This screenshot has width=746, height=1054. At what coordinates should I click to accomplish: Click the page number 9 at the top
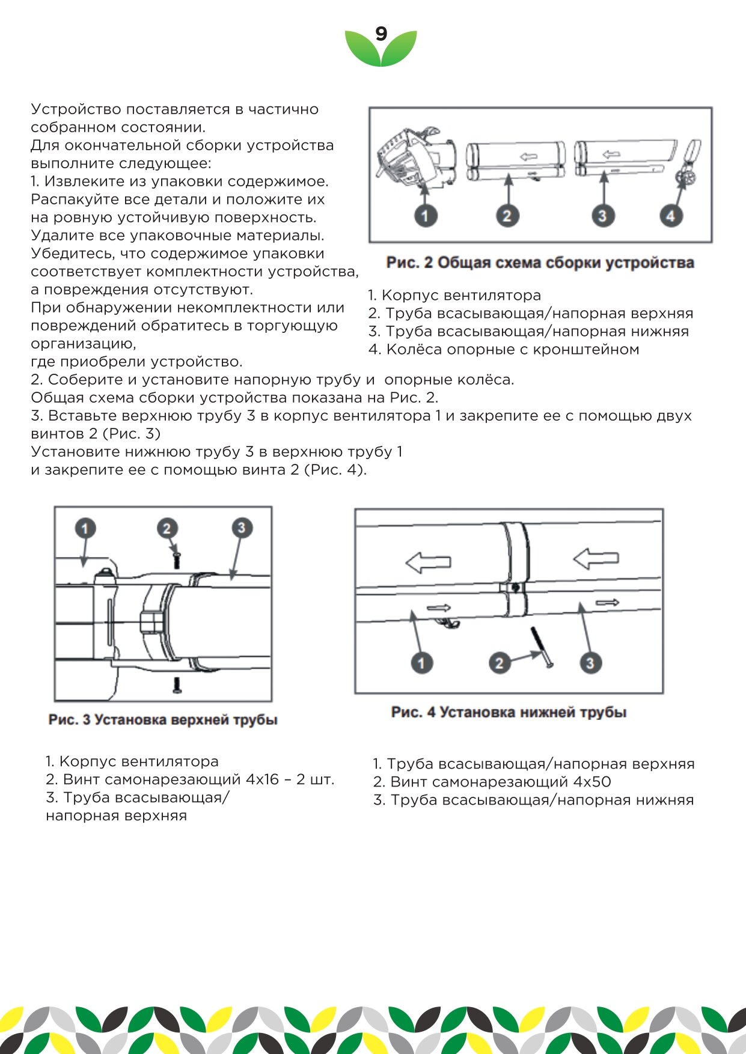pos(381,34)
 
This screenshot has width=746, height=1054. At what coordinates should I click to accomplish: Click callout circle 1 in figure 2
pos(425,216)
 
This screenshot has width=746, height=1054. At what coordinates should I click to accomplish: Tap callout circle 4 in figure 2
pos(671,216)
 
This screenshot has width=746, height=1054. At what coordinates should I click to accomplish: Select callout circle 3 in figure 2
pos(602,216)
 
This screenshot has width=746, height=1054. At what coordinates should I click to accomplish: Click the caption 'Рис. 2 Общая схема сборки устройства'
pos(540,263)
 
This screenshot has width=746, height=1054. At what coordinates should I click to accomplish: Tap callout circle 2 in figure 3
pos(167,528)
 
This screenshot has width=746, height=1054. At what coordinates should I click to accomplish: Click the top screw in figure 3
pos(177,559)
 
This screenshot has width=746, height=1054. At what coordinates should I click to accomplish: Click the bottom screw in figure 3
pos(177,684)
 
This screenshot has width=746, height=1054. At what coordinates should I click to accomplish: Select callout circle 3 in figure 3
pos(242,528)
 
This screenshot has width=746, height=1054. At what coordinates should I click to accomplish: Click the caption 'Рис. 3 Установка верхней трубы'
pos(163,719)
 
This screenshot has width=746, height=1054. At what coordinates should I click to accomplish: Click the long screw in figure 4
pos(541,647)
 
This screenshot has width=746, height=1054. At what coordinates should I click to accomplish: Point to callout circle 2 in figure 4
pos(499,663)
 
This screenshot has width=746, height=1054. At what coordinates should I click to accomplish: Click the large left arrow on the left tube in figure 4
pos(428,562)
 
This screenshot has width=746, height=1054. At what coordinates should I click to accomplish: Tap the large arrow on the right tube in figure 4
pos(596,558)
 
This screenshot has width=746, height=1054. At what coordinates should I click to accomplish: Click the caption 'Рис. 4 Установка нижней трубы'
pos(509,712)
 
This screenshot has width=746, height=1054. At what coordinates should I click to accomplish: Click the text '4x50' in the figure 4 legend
pos(592,782)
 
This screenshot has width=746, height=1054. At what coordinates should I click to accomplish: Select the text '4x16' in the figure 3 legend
pos(263,779)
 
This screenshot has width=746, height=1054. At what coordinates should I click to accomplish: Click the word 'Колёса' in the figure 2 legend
pos(412,349)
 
